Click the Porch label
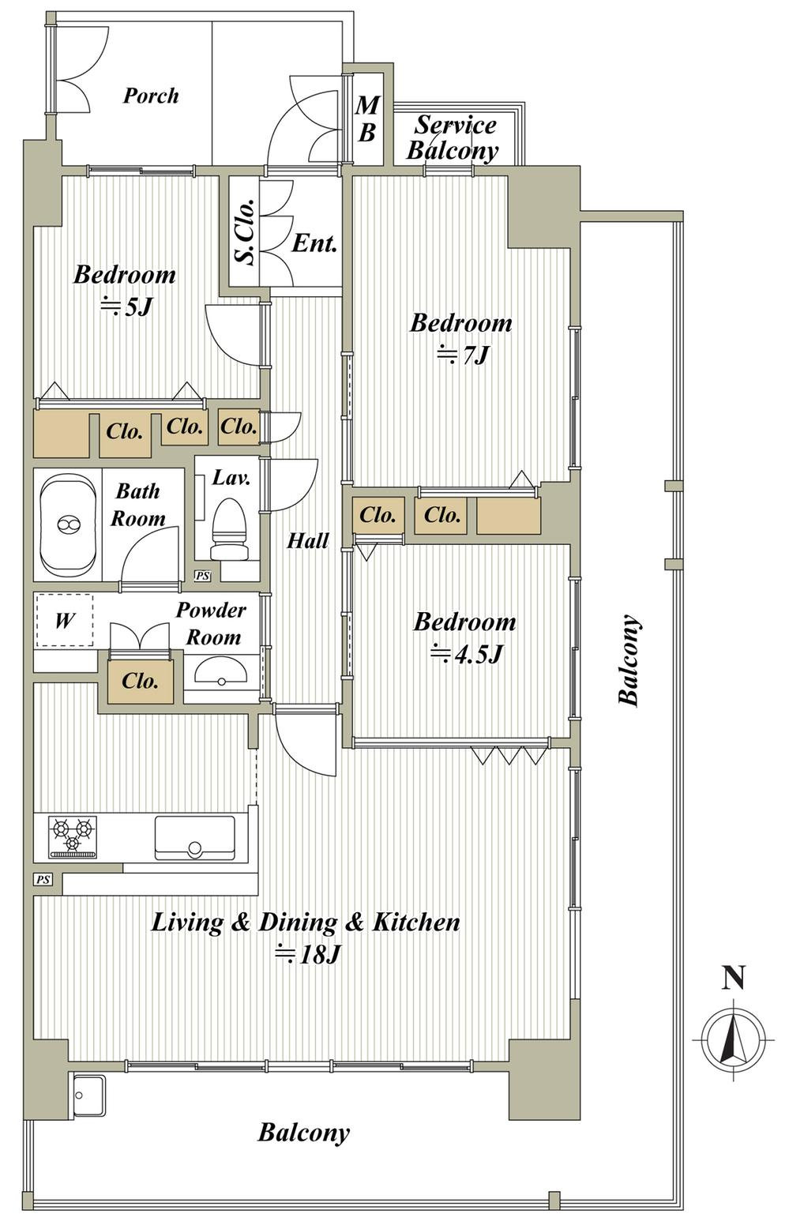point(151,96)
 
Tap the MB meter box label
point(367,118)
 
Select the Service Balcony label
point(453,137)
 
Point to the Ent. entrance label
point(314,242)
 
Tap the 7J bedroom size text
point(462,356)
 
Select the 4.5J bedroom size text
point(466,654)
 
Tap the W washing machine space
point(65,620)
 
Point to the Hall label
point(308,541)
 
